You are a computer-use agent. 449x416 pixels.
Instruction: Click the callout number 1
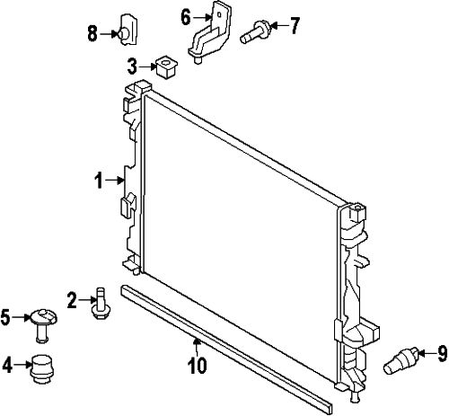(x=99, y=181)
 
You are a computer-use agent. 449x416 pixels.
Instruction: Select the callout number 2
(x=72, y=300)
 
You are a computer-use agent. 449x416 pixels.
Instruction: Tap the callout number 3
(x=132, y=66)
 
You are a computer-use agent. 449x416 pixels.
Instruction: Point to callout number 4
(x=7, y=365)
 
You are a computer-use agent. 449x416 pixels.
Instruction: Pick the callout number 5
(x=5, y=317)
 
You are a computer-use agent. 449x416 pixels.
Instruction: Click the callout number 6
(x=186, y=18)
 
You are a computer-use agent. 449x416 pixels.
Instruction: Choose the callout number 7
(x=295, y=26)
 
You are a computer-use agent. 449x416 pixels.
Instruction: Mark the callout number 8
(x=92, y=33)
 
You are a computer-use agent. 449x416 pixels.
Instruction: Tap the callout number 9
(x=442, y=354)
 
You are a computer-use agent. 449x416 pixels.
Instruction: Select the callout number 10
(x=198, y=366)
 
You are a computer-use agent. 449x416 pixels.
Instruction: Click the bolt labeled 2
(x=101, y=303)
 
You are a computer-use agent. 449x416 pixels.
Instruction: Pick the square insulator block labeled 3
(x=166, y=66)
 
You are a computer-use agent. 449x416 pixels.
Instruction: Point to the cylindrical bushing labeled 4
(x=41, y=369)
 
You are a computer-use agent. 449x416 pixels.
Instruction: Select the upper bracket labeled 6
(x=210, y=32)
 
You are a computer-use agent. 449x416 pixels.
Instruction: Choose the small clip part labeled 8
(x=128, y=30)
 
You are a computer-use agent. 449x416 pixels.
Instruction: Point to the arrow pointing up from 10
(x=197, y=348)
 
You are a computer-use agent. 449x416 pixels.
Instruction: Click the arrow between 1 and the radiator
(x=115, y=181)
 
